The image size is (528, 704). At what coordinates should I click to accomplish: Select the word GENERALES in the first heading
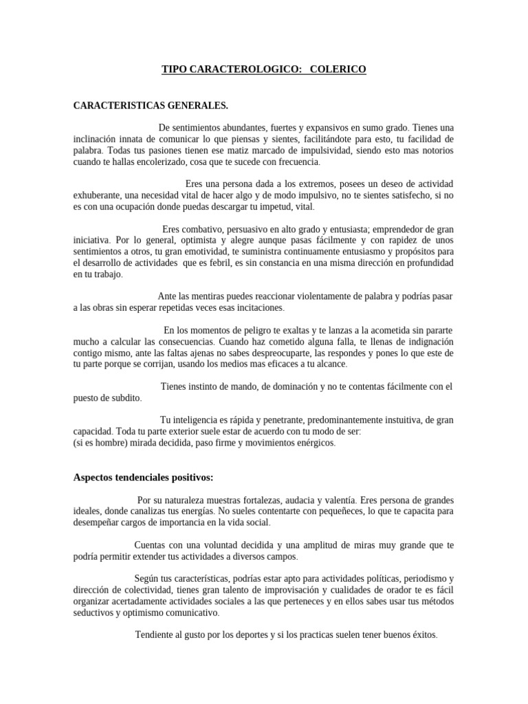pos(195,105)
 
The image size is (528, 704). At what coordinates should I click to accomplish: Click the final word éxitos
pos(421,635)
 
